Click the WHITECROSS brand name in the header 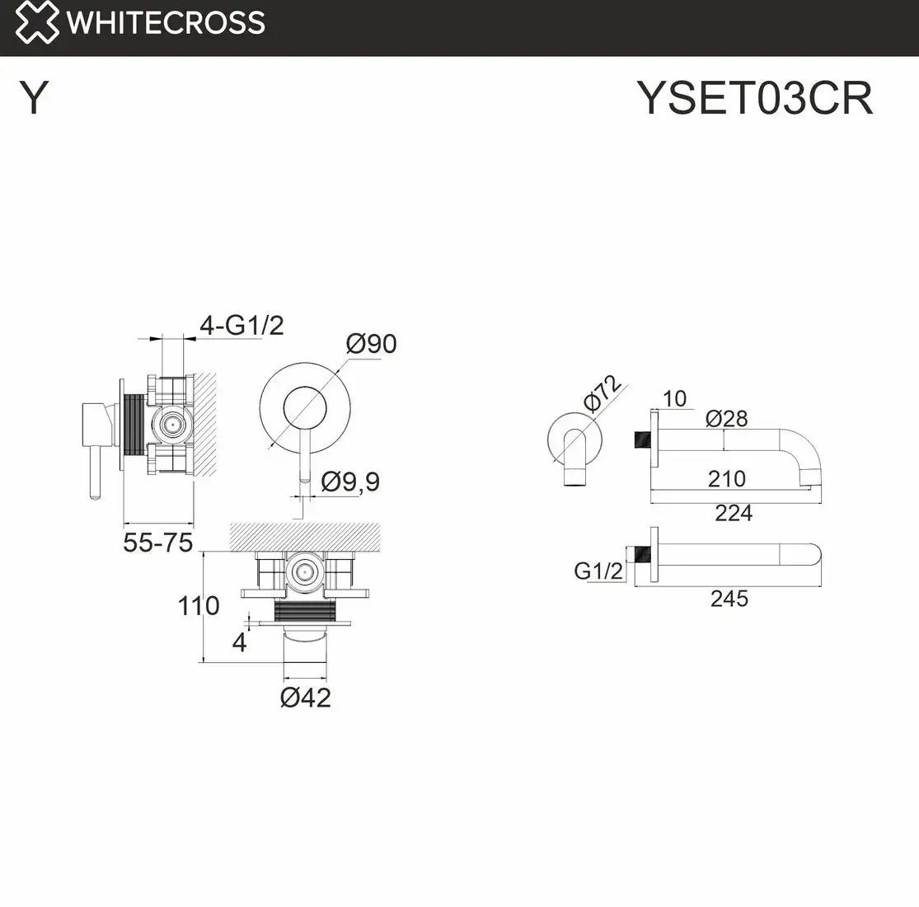tap(166, 22)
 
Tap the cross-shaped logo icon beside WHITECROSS tap(37, 22)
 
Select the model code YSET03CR tap(754, 99)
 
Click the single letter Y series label tap(34, 99)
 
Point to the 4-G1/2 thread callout tap(241, 326)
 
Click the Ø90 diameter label tap(371, 343)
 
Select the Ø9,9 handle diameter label tap(350, 481)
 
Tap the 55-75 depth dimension tap(157, 543)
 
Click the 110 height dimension tap(199, 606)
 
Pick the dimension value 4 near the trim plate tap(239, 641)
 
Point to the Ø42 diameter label tap(305, 698)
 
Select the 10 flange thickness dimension tap(674, 399)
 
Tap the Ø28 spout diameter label tap(726, 419)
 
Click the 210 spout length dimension tap(726, 478)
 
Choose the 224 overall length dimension tap(733, 513)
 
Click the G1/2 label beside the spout tap(598, 570)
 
